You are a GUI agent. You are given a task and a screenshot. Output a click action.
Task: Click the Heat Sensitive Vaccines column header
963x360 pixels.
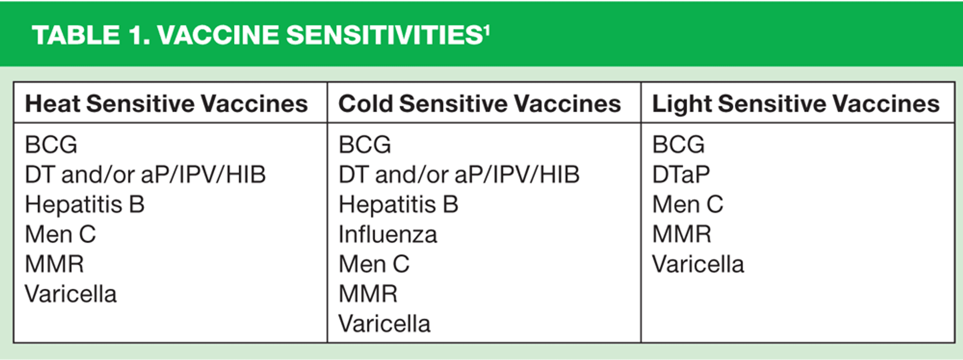(x=167, y=104)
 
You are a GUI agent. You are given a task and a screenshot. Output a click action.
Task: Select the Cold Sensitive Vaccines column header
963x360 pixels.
(x=479, y=104)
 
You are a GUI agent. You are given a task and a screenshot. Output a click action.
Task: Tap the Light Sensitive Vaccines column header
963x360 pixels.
(x=795, y=104)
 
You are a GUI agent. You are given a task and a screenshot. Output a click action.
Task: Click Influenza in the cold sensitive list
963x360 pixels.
(x=388, y=235)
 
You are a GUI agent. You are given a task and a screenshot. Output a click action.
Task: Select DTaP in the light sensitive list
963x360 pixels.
(x=681, y=174)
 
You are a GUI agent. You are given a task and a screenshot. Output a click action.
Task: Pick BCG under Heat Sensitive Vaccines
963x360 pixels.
(x=51, y=144)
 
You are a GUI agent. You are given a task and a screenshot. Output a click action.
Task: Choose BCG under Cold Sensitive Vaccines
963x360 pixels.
(x=365, y=144)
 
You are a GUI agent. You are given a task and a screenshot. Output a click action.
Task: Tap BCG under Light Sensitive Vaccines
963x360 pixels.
(x=678, y=144)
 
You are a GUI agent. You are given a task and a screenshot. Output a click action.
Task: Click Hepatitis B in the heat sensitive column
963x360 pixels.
(x=85, y=205)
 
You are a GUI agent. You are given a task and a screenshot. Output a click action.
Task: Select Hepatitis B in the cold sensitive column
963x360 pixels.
(x=398, y=205)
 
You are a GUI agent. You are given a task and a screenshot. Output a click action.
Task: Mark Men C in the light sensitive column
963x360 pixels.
(x=688, y=205)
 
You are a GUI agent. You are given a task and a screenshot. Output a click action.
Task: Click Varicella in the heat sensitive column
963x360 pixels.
(x=71, y=294)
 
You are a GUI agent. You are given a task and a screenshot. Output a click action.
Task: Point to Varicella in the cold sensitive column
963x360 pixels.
(x=384, y=324)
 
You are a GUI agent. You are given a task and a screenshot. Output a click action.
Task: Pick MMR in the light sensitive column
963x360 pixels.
(x=682, y=235)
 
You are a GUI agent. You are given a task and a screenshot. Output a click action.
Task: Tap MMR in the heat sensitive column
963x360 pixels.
(x=54, y=264)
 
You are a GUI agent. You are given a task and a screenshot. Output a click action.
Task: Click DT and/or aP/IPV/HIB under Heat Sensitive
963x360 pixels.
(x=145, y=174)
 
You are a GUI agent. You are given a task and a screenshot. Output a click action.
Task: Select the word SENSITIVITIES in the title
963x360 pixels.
(x=384, y=35)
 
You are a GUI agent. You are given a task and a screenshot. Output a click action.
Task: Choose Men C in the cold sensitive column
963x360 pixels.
(x=374, y=264)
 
